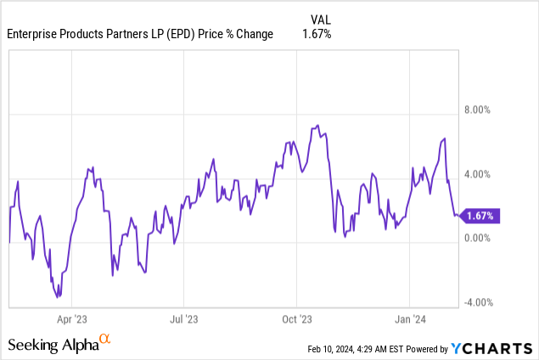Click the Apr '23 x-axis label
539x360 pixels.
[72, 319]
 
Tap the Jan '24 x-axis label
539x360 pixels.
[410, 319]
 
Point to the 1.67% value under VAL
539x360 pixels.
[316, 34]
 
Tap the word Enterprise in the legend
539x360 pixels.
[35, 34]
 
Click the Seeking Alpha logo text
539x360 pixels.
[53, 345]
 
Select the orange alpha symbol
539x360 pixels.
[105, 340]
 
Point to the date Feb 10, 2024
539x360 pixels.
[333, 348]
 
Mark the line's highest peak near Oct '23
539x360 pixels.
[317, 126]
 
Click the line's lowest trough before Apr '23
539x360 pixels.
[58, 296]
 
